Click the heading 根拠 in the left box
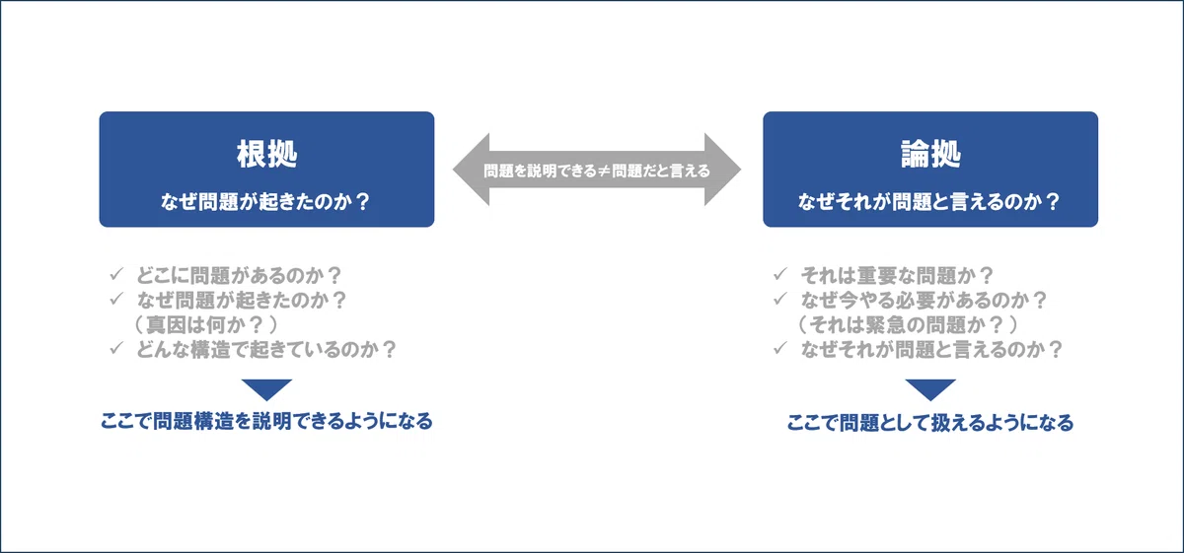pyautogui.click(x=267, y=154)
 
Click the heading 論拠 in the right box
pyautogui.click(x=930, y=154)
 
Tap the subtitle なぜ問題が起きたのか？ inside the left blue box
pyautogui.click(x=265, y=202)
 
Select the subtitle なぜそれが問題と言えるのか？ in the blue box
pyautogui.click(x=929, y=202)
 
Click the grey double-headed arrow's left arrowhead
pyautogui.click(x=471, y=170)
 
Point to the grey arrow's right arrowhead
pyautogui.click(x=722, y=170)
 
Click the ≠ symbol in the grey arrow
pyautogui.click(x=604, y=171)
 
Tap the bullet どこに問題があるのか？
pyautogui.click(x=240, y=275)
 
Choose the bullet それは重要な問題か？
pyautogui.click(x=898, y=275)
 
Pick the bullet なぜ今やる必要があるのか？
pyautogui.click(x=924, y=300)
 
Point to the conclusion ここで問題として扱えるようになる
pyautogui.click(x=930, y=423)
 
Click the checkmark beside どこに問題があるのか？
pyautogui.click(x=116, y=274)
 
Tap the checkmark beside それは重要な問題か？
pyautogui.click(x=780, y=274)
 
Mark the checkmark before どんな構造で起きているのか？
pyautogui.click(x=116, y=348)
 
